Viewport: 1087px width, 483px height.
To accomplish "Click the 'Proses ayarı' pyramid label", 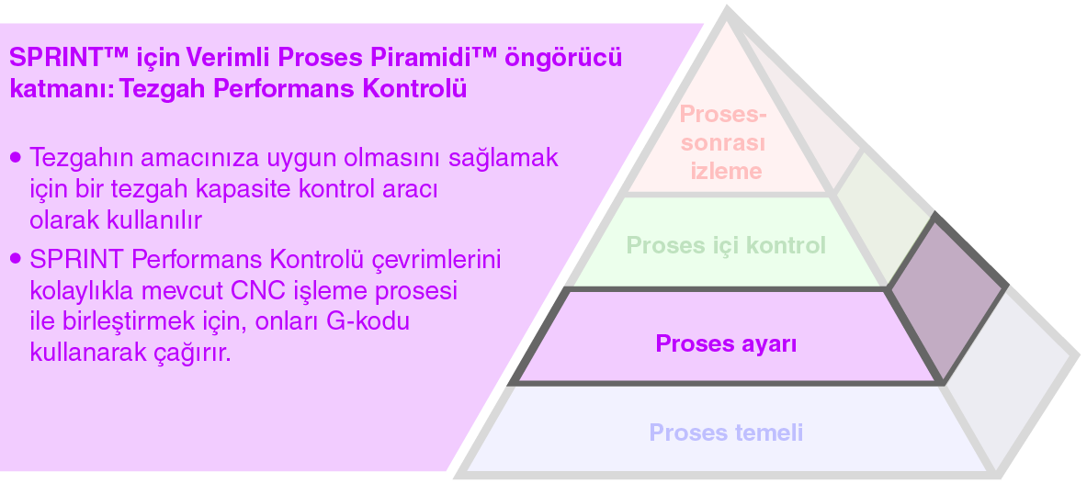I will point(726,345).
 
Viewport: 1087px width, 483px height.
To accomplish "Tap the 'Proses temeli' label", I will point(726,432).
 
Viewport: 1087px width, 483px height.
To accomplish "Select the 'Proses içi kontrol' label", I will point(726,246).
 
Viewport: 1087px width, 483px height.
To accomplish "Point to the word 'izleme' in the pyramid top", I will point(726,171).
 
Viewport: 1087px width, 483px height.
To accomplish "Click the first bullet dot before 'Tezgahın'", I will point(15,158).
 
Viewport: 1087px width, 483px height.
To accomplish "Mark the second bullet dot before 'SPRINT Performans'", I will point(15,260).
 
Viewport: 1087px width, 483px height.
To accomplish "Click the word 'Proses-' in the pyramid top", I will point(722,116).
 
